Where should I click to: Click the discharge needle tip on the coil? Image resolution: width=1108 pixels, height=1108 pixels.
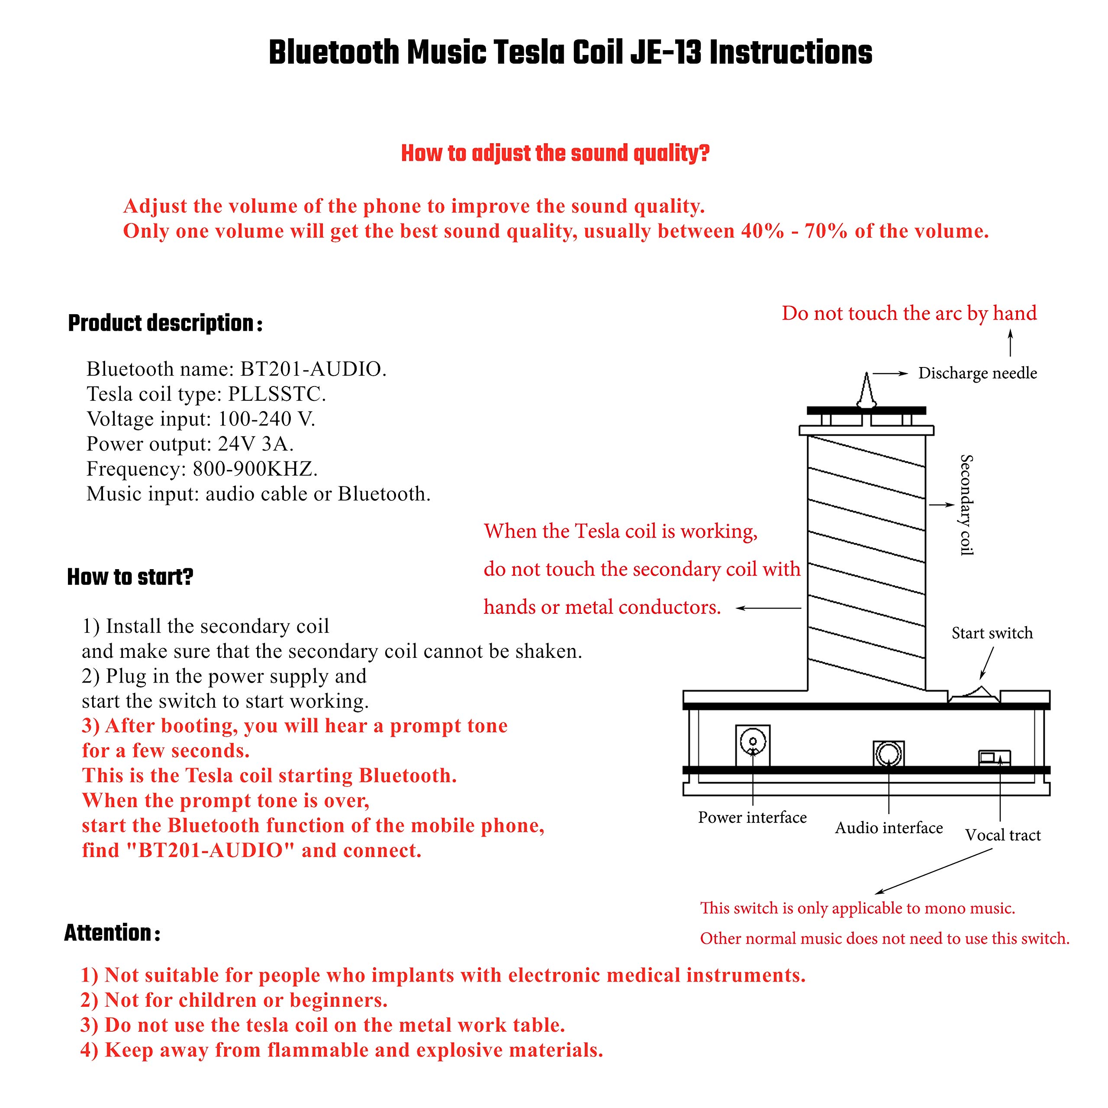point(866,373)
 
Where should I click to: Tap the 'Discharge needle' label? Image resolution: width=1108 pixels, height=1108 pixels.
point(977,374)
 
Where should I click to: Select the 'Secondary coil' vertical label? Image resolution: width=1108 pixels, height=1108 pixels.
point(966,505)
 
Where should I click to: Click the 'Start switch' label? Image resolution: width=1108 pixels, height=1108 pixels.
point(992,633)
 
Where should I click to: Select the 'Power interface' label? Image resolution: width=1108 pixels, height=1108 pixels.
point(752,817)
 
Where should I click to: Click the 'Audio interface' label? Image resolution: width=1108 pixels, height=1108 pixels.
point(889,828)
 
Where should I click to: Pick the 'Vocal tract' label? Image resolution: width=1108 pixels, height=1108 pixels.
point(1002,835)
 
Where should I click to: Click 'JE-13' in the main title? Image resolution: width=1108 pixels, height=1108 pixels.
point(665,53)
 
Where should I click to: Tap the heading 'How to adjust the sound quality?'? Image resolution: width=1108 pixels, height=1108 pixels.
point(555,153)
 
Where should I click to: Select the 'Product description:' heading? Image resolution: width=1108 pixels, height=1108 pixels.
point(165,323)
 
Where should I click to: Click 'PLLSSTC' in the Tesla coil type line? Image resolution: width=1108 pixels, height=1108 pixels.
point(277,394)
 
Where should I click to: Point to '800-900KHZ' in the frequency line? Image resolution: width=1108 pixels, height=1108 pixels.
point(254,469)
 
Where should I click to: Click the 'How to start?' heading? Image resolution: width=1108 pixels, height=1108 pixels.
point(130,577)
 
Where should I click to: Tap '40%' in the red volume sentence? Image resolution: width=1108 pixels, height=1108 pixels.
point(763,231)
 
